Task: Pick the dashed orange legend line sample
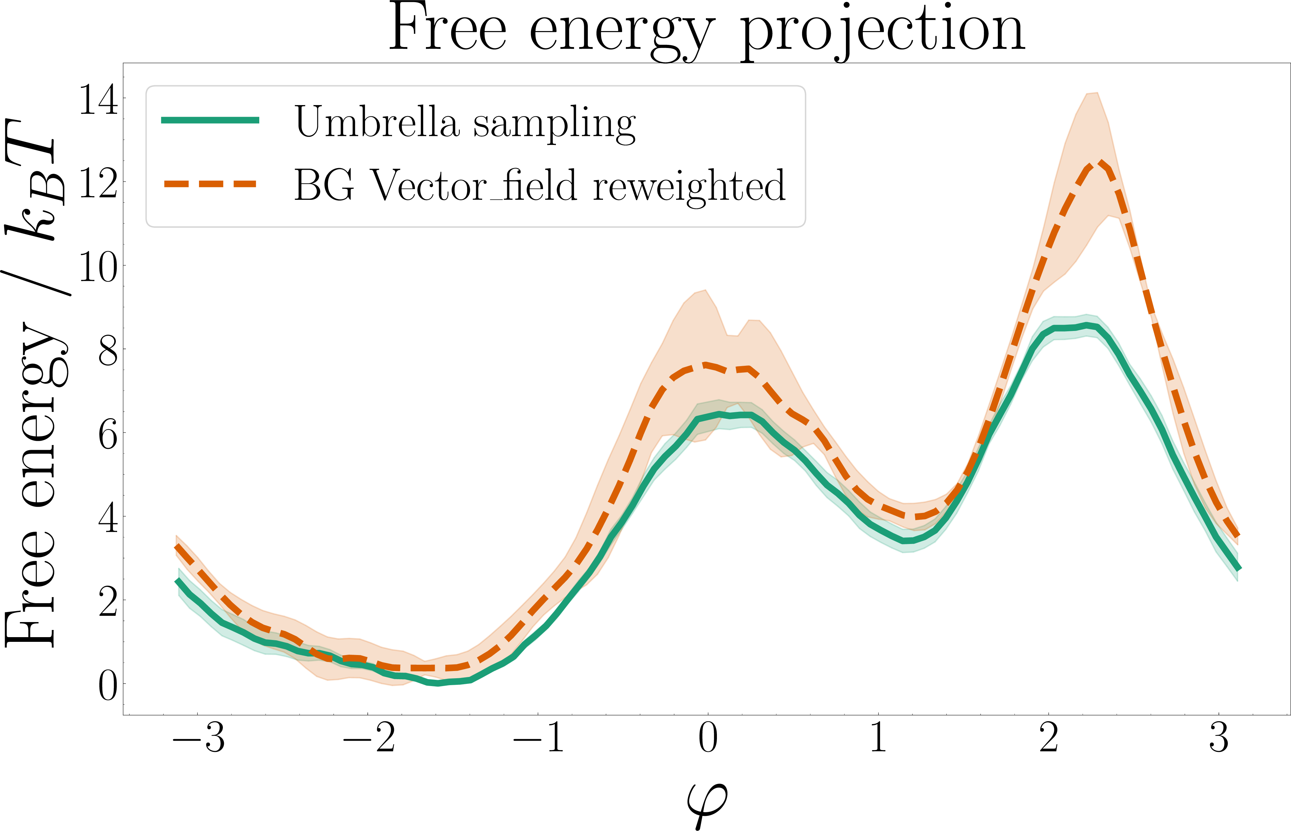click(x=211, y=184)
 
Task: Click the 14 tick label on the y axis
click(x=98, y=99)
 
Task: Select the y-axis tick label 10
click(x=98, y=267)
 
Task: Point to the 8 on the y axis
click(x=108, y=351)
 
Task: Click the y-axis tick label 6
click(x=108, y=434)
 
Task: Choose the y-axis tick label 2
click(x=108, y=602)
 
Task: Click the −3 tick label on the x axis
click(x=198, y=738)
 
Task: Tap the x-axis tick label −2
click(x=369, y=738)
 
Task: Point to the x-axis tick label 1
click(x=879, y=738)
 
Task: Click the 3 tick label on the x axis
click(x=1218, y=738)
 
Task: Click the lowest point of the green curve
click(x=437, y=684)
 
